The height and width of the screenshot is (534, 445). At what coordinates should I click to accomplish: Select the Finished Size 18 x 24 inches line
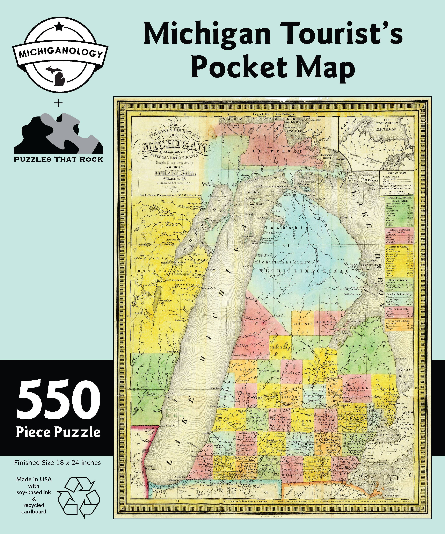(x=57, y=463)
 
